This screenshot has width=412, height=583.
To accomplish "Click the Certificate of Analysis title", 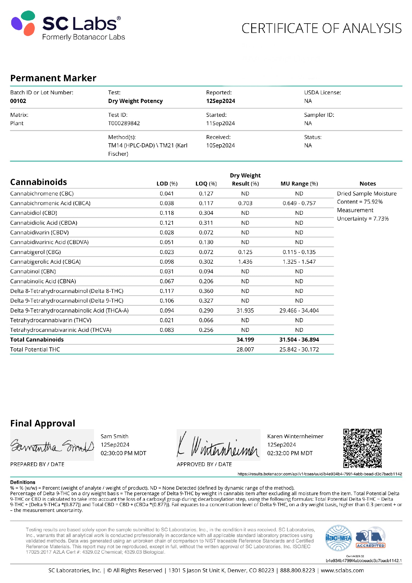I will [x=321, y=28].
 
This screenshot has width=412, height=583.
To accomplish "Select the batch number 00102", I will [x=18, y=101].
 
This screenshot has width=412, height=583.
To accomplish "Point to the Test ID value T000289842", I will [x=124, y=123].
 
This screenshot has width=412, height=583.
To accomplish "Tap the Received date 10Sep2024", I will [x=220, y=146].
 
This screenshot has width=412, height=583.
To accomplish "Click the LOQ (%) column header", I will [x=206, y=184].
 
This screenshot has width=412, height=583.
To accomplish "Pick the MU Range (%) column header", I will [x=299, y=184].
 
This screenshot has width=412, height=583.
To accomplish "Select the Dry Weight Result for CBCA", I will [x=245, y=203].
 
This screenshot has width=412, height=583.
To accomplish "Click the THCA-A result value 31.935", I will [x=245, y=310].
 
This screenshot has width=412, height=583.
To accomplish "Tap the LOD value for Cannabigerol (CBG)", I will [x=167, y=252].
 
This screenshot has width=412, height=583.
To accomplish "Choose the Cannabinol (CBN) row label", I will [x=33, y=272].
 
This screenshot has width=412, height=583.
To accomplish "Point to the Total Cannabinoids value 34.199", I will [x=245, y=340].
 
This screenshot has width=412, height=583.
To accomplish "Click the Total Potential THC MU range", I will [x=299, y=350].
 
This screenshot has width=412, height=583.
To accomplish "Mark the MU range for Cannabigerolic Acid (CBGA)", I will [x=299, y=262].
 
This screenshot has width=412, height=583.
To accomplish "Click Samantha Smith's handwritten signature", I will [x=52, y=446].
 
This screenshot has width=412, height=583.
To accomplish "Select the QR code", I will [x=362, y=448].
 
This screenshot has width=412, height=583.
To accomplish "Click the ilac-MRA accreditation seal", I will [x=338, y=538].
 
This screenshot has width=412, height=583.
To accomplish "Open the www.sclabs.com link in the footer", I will [x=342, y=570].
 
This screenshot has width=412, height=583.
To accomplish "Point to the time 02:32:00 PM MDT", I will [x=289, y=453].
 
